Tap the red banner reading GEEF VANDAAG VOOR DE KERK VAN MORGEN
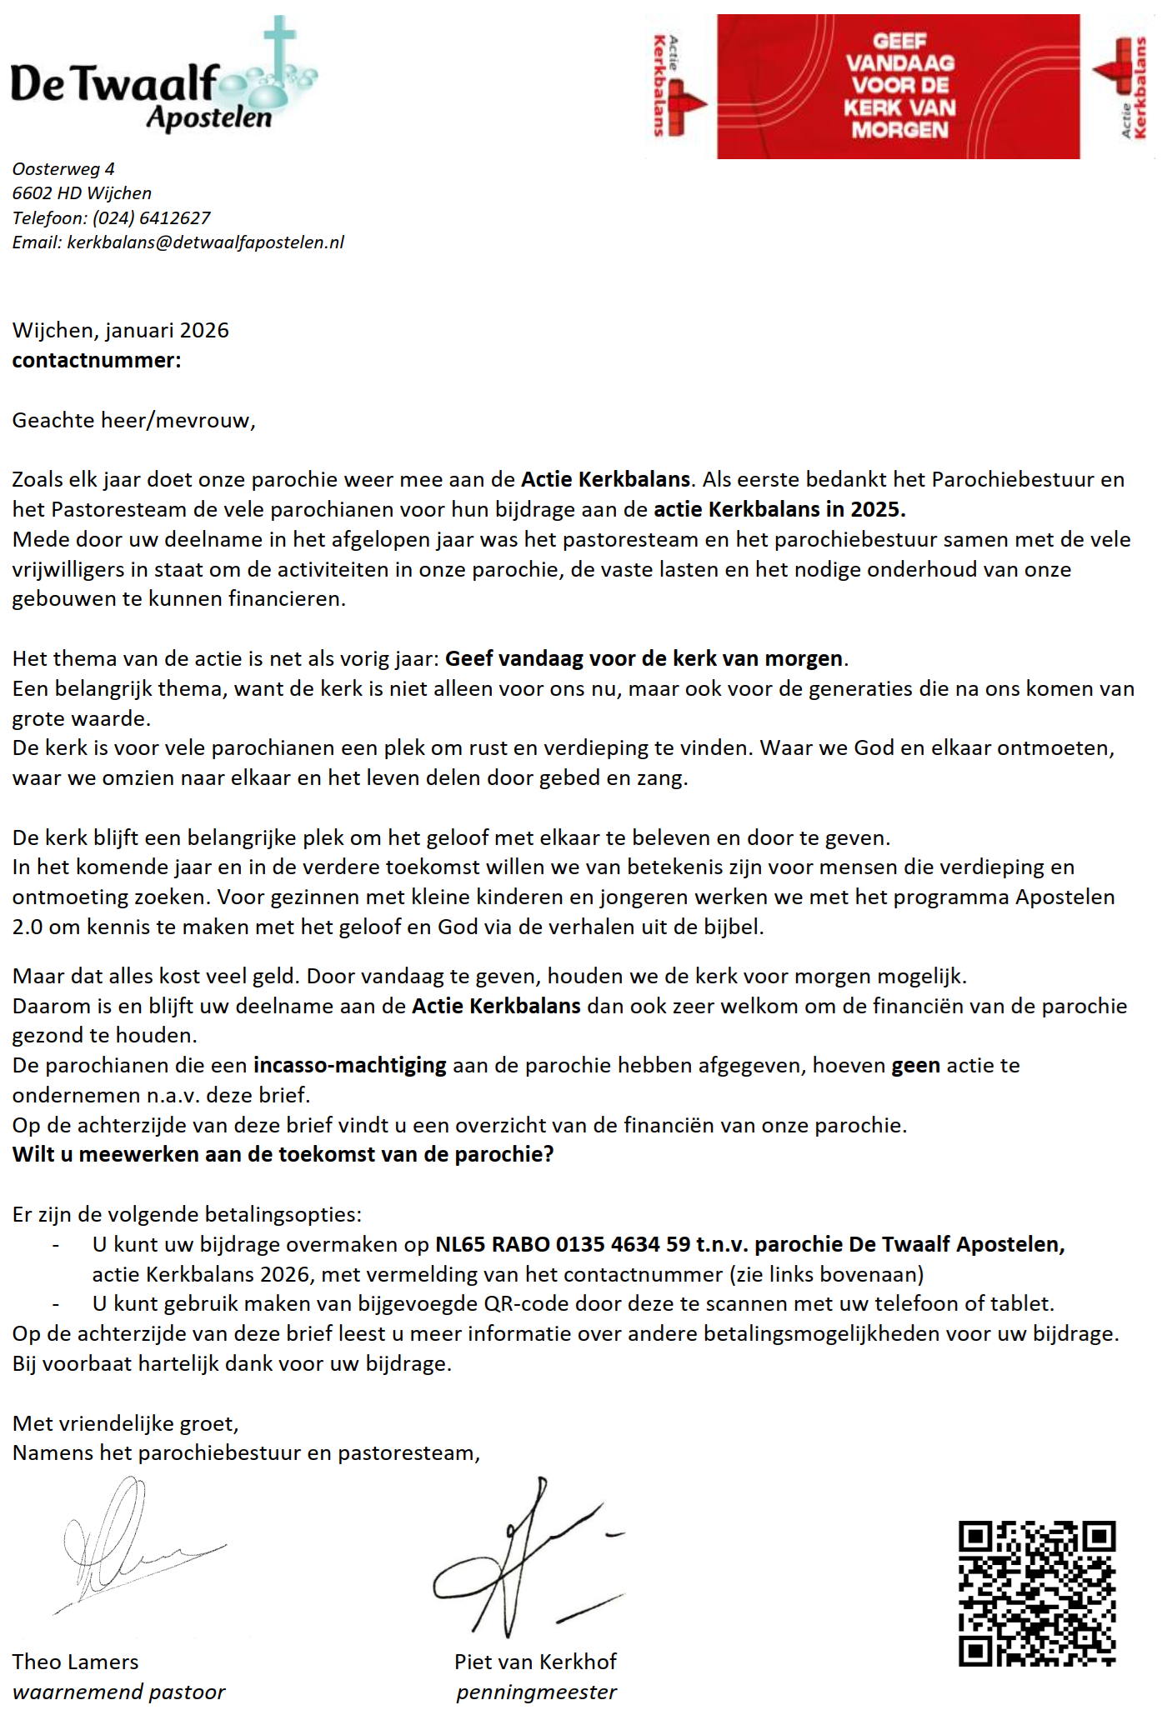pos(898,86)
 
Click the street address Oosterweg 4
pos(63,169)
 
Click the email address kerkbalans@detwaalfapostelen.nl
pos(205,242)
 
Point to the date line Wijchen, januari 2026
pos(120,331)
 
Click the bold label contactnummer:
pos(96,361)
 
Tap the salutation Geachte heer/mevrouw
pos(133,420)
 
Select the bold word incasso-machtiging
pos(350,1066)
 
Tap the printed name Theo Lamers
pos(75,1662)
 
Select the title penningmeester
pos(536,1692)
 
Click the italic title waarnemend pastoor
pos(118,1692)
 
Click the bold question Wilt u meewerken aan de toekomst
pos(283,1155)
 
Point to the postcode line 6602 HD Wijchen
pos(82,193)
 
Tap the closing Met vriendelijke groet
pos(125,1423)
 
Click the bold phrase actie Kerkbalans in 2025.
pos(779,509)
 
